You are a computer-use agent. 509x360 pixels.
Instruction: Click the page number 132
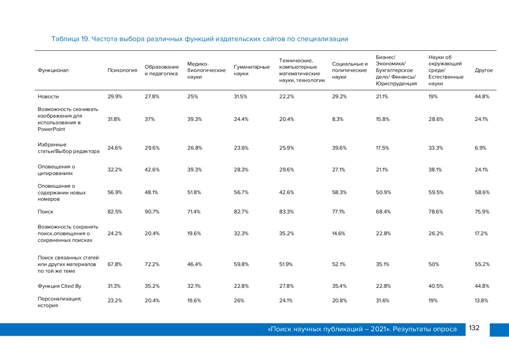tap(474, 328)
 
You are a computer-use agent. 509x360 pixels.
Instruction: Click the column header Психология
tap(122, 70)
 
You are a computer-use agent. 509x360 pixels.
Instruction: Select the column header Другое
tap(484, 70)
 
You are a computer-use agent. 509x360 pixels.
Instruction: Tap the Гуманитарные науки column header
tap(252, 70)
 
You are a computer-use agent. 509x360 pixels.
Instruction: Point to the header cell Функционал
tap(53, 70)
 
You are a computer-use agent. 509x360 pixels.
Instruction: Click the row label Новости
tap(48, 97)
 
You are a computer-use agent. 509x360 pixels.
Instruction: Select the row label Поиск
tap(45, 212)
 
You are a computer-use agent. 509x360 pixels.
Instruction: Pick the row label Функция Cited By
tap(59, 286)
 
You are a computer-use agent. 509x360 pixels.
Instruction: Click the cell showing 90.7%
tap(152, 212)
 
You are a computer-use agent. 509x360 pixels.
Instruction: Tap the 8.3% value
tap(338, 119)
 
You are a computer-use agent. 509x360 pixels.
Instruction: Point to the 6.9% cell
tap(480, 148)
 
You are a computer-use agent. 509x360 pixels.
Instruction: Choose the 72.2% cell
tap(152, 264)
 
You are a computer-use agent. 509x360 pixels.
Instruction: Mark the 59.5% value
tap(436, 193)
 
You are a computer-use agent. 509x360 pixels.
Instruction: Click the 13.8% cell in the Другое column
tap(481, 301)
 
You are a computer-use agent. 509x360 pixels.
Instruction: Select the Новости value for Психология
tap(115, 97)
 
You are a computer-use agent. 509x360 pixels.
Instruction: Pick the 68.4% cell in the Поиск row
tap(383, 212)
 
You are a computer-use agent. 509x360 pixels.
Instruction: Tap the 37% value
tap(149, 119)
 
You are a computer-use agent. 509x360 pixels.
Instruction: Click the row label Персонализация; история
tap(59, 302)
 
